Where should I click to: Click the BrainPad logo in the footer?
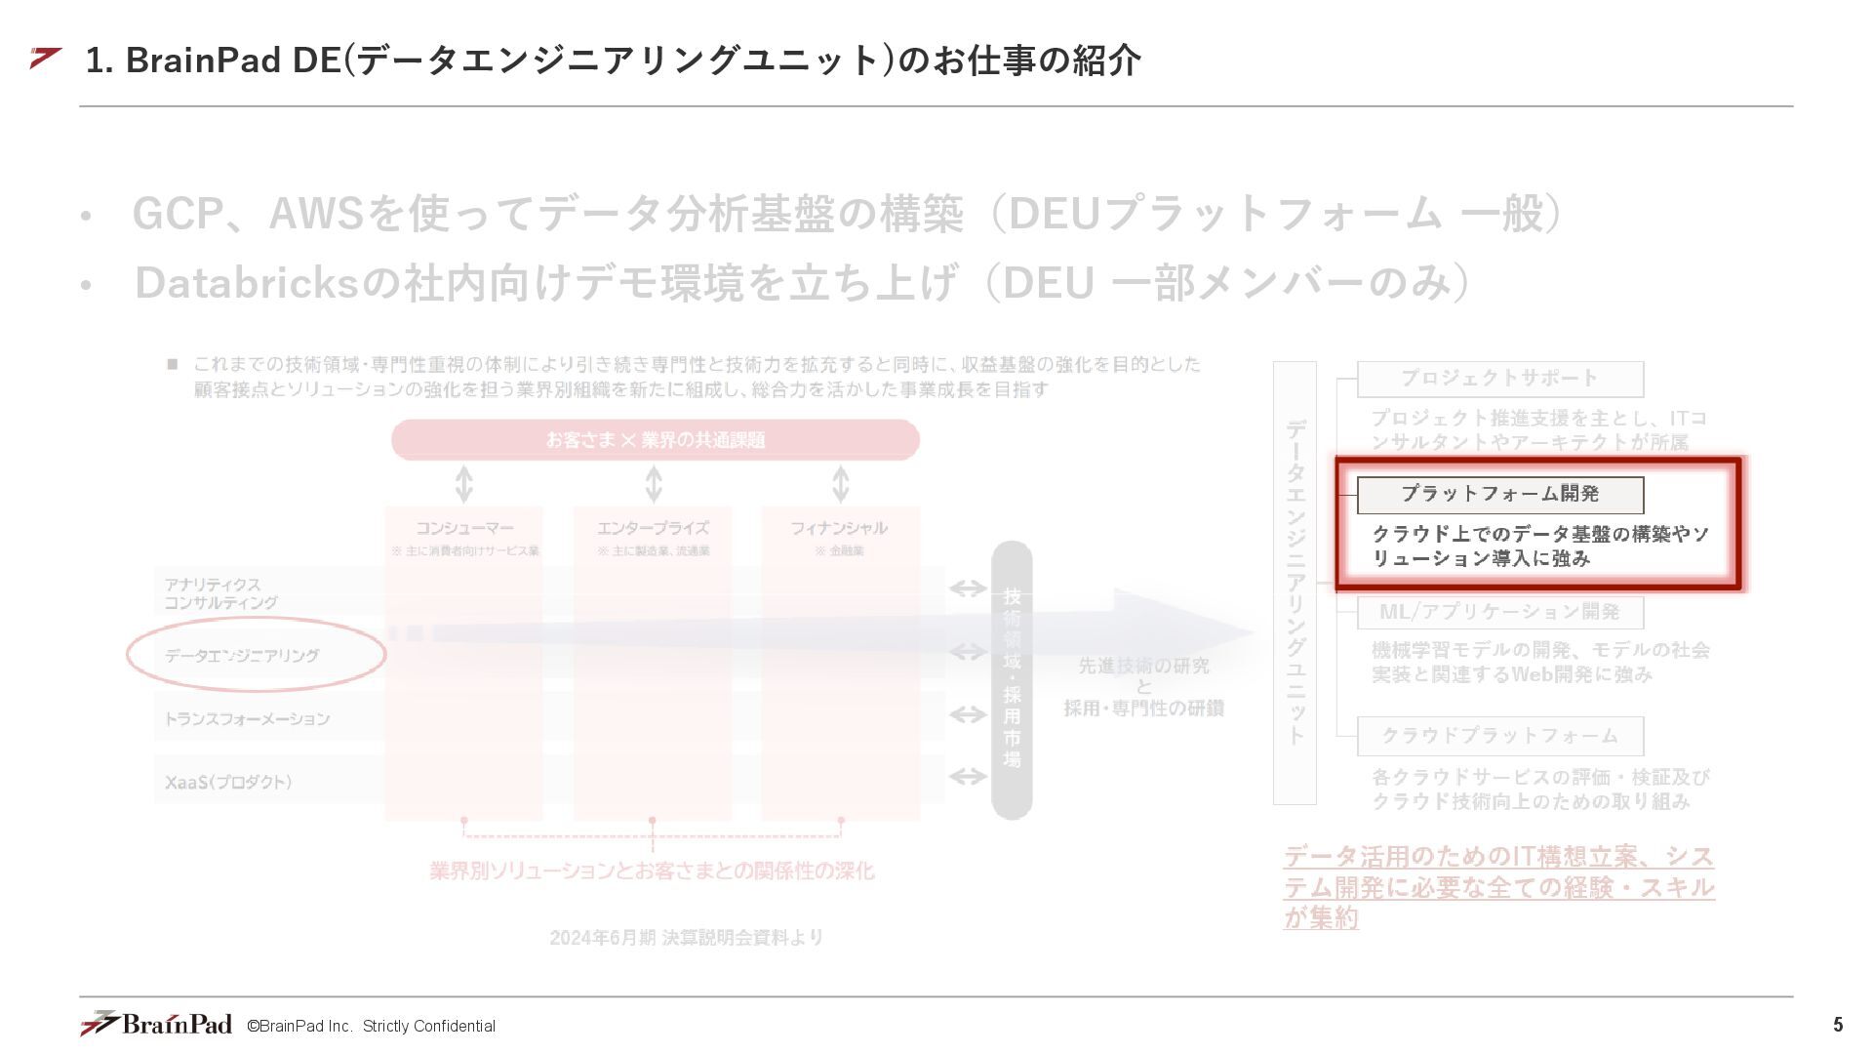click(156, 1024)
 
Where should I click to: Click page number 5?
click(1838, 1025)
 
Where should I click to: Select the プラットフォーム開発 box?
click(1499, 495)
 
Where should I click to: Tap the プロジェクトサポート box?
click(1499, 379)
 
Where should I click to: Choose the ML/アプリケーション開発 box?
click(1499, 612)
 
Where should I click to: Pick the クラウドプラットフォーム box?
click(1499, 736)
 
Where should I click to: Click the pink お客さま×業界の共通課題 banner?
click(655, 440)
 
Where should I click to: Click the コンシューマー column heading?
click(464, 528)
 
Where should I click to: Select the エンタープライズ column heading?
click(653, 528)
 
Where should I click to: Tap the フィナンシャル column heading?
click(839, 528)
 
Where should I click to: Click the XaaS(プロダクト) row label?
click(228, 782)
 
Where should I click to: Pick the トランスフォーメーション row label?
click(247, 719)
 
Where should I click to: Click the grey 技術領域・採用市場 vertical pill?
click(1012, 679)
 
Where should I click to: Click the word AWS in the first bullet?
click(316, 214)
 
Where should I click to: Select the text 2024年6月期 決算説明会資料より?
click(686, 938)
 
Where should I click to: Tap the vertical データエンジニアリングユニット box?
click(1295, 583)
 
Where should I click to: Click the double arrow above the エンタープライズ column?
click(654, 484)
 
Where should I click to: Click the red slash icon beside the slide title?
click(45, 59)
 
